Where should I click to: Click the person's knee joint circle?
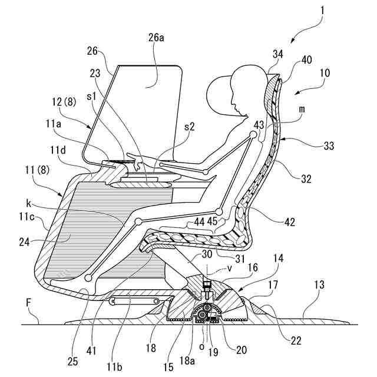coord(137,221)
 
